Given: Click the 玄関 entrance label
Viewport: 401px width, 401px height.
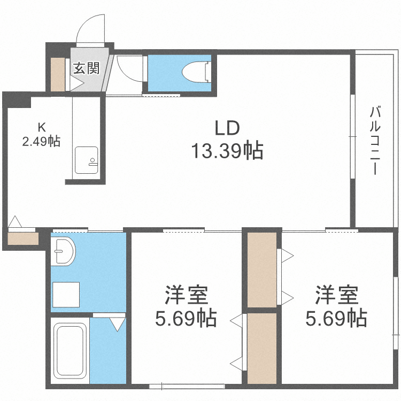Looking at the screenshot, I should (x=86, y=68).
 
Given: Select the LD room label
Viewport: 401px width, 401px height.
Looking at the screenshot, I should (x=227, y=128).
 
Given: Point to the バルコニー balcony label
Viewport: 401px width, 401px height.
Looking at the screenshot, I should (x=375, y=141).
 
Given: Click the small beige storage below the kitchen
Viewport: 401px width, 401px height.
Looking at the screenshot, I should (x=23, y=238).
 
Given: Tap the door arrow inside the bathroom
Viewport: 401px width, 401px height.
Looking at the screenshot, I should (x=117, y=323).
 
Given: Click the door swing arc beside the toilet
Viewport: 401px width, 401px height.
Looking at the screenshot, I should (x=127, y=70).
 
